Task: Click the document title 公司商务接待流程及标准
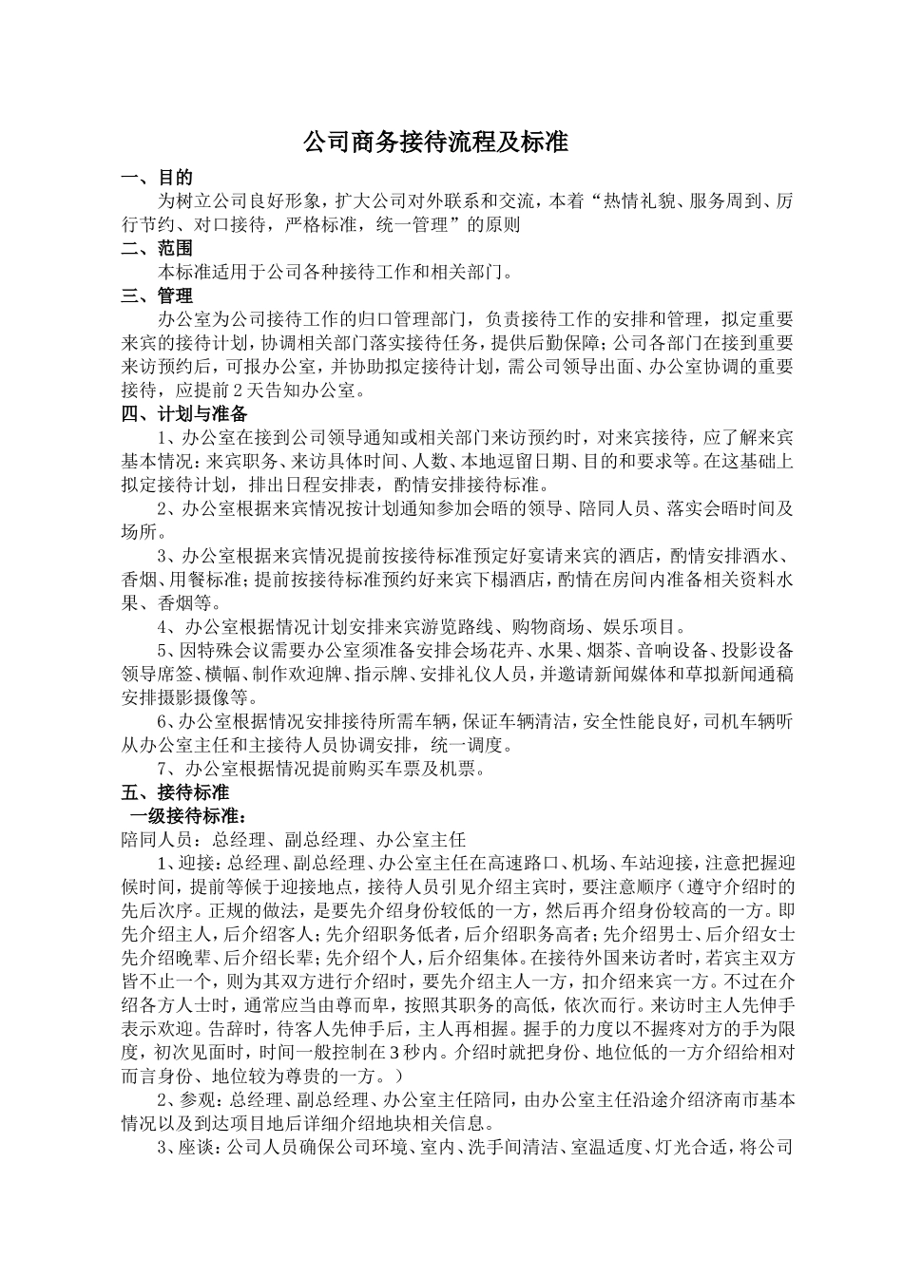(434, 143)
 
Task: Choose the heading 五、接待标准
(175, 791)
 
